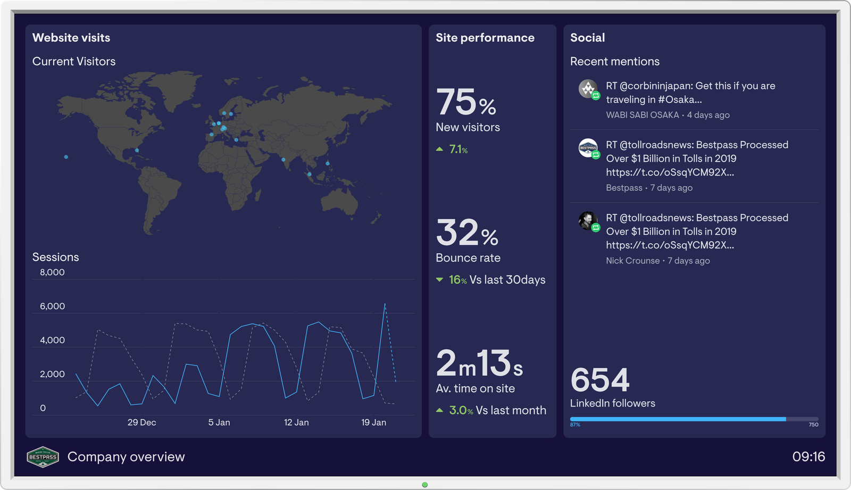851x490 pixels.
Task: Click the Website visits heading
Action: pos(71,38)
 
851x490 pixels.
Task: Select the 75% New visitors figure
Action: pos(466,102)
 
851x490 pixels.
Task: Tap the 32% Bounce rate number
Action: pos(467,233)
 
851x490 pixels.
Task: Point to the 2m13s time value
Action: pos(479,363)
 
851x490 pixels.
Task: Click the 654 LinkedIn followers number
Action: pos(600,380)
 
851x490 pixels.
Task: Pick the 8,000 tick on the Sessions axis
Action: pos(52,272)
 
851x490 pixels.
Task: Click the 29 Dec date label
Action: pos(141,422)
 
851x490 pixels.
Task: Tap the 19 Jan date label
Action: pos(373,422)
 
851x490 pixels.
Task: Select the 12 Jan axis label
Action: pos(296,422)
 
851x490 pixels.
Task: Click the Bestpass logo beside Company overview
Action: pos(43,457)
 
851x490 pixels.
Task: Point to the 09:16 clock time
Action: pos(808,456)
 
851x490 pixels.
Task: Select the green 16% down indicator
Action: pos(452,280)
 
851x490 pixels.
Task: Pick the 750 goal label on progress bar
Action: pos(813,425)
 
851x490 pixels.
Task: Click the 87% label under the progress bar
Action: pos(575,425)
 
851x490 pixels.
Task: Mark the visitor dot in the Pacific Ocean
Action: pos(66,157)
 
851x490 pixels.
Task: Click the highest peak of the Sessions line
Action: pos(385,304)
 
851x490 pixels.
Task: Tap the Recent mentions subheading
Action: pos(615,62)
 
